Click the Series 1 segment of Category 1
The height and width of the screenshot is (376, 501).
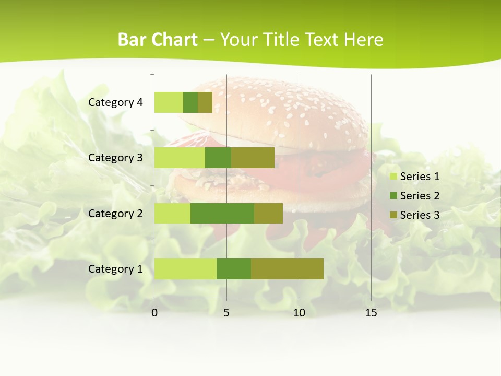pyautogui.click(x=185, y=269)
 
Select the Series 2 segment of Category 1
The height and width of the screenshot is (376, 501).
pyautogui.click(x=234, y=269)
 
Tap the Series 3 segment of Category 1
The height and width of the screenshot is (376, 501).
pyautogui.click(x=287, y=269)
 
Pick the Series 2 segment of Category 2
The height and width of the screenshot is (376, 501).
pyautogui.click(x=222, y=213)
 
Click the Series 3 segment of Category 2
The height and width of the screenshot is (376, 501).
pyautogui.click(x=268, y=213)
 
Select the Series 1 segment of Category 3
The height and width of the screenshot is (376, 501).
pyautogui.click(x=180, y=158)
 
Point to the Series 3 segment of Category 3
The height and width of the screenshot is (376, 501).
pyautogui.click(x=253, y=158)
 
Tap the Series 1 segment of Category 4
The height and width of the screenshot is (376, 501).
pyautogui.click(x=169, y=102)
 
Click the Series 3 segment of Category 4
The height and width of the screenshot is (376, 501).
pyautogui.click(x=205, y=102)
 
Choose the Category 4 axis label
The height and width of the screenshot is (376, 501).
pyautogui.click(x=115, y=102)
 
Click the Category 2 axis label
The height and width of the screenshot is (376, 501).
pyautogui.click(x=115, y=213)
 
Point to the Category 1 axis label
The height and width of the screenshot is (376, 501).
pyautogui.click(x=115, y=269)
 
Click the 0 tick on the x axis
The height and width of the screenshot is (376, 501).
pyautogui.click(x=154, y=313)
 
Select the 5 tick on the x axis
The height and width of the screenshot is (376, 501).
pyautogui.click(x=226, y=313)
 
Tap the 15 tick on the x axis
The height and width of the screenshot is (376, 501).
pyautogui.click(x=371, y=313)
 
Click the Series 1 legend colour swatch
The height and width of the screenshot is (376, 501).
pyautogui.click(x=393, y=177)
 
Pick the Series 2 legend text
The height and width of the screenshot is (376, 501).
pyautogui.click(x=420, y=196)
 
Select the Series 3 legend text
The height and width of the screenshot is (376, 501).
pyautogui.click(x=420, y=215)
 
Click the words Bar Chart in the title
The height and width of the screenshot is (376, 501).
pyautogui.click(x=158, y=40)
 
